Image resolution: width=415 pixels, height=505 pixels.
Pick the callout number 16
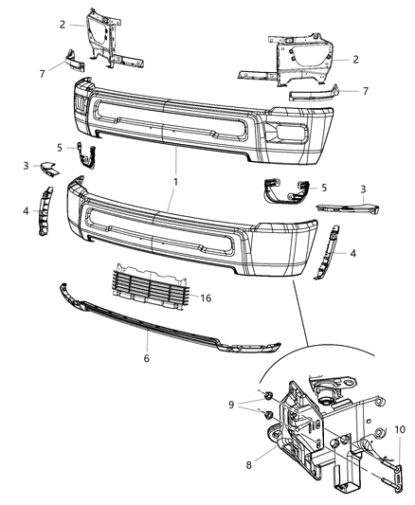pos(206,298)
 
